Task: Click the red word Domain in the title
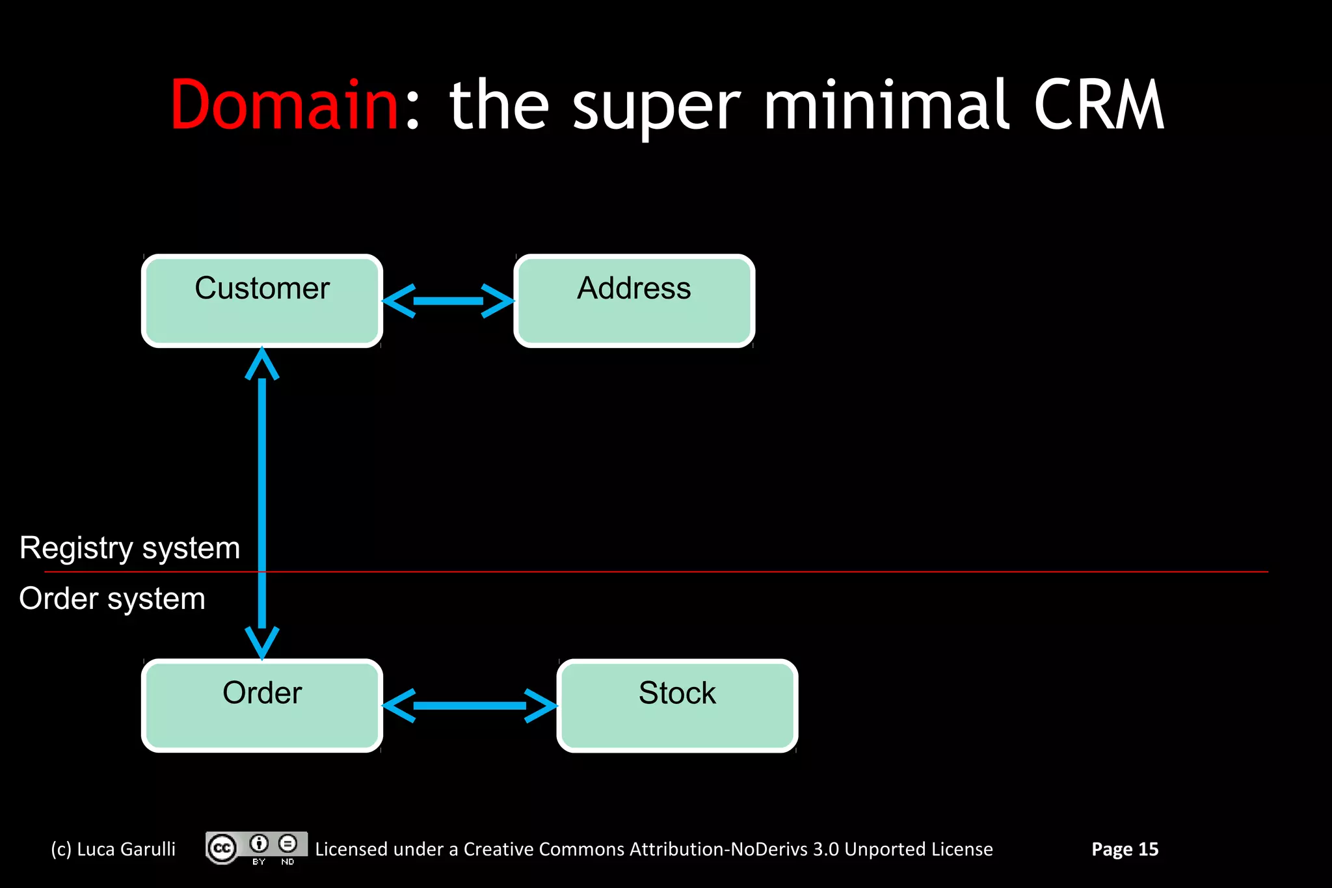[x=284, y=105]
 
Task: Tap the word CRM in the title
[x=1099, y=105]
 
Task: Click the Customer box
[x=262, y=301]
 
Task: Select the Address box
[x=634, y=301]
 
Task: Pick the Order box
[x=262, y=706]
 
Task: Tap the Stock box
[x=677, y=706]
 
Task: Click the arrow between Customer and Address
[x=448, y=301]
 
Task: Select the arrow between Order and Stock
[x=470, y=706]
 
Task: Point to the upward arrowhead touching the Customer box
[x=262, y=364]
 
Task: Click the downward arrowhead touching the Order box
[x=262, y=643]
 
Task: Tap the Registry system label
[x=129, y=548]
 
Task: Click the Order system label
[x=112, y=599]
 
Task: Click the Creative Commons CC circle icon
[x=222, y=848]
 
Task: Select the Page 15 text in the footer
[x=1125, y=849]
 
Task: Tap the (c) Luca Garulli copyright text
[x=113, y=849]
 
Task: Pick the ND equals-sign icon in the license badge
[x=287, y=844]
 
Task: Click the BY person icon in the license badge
[x=259, y=844]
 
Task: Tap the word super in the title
[x=656, y=105]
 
